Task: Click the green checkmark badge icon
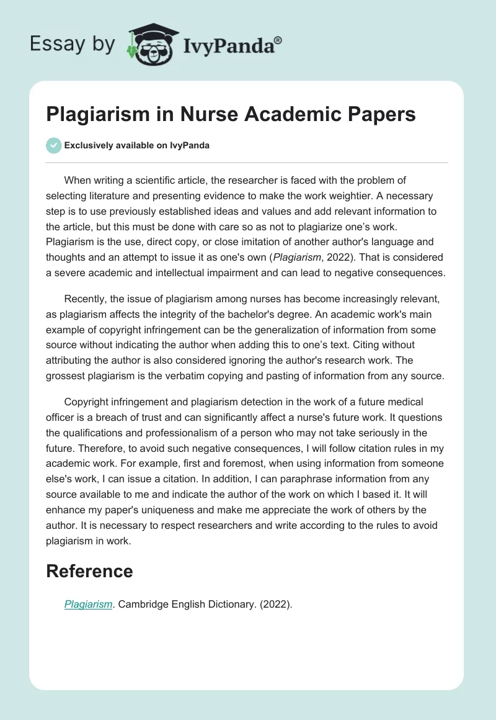(x=53, y=145)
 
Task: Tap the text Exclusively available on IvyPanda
(x=137, y=145)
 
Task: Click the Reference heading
(x=89, y=571)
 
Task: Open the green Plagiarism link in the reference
(x=88, y=605)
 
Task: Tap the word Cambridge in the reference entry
(x=141, y=605)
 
